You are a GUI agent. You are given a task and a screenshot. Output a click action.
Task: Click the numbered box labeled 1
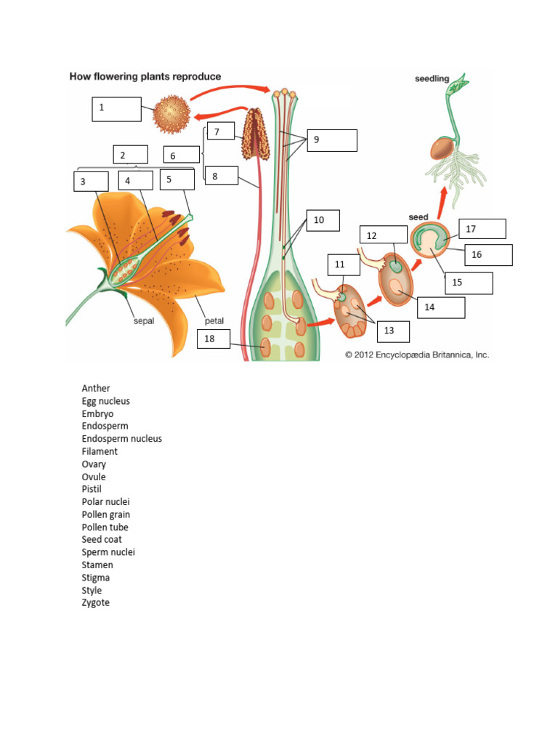pos(116,108)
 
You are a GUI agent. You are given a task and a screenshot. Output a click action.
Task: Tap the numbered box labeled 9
pos(331,140)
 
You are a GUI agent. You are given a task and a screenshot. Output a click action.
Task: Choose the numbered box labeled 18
pos(222,339)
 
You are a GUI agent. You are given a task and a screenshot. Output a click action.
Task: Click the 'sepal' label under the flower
pos(143,321)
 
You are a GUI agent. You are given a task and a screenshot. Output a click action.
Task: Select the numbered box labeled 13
pos(393,331)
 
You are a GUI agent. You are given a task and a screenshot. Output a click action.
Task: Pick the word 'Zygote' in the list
pos(96,602)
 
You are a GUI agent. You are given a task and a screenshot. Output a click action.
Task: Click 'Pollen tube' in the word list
pos(105,527)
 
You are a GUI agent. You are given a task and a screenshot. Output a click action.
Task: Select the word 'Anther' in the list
pos(96,388)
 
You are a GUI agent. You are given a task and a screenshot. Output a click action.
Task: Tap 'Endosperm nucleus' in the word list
pos(122,439)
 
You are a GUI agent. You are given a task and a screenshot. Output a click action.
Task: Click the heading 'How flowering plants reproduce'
pos(145,76)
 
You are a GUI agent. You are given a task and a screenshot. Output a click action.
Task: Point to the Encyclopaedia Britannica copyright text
pos(417,355)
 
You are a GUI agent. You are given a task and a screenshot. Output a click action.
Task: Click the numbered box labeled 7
pos(221,132)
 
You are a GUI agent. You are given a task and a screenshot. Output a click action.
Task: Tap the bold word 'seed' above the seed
pos(418,217)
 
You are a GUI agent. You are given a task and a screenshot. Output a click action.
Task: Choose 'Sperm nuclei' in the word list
pos(108,552)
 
